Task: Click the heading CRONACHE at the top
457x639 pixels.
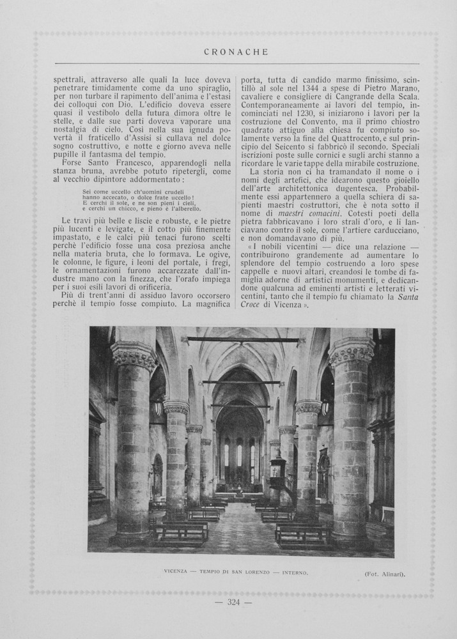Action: point(236,52)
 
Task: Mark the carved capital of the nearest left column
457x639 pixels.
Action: point(134,356)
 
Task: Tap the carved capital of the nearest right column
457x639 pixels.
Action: point(352,351)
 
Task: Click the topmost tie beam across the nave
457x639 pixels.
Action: point(243,339)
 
